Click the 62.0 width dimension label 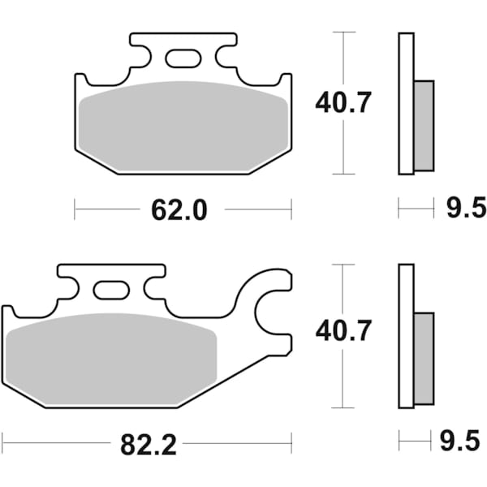click(x=179, y=210)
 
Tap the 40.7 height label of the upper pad click(x=343, y=103)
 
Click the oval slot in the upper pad click(x=183, y=58)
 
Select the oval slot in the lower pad click(x=111, y=290)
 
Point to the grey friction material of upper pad click(x=184, y=126)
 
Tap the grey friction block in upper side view click(x=424, y=126)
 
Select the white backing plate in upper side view click(x=406, y=103)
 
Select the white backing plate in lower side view click(x=406, y=337)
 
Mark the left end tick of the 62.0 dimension click(x=75, y=209)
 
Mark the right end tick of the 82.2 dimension click(x=291, y=443)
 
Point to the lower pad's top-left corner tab click(x=7, y=312)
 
